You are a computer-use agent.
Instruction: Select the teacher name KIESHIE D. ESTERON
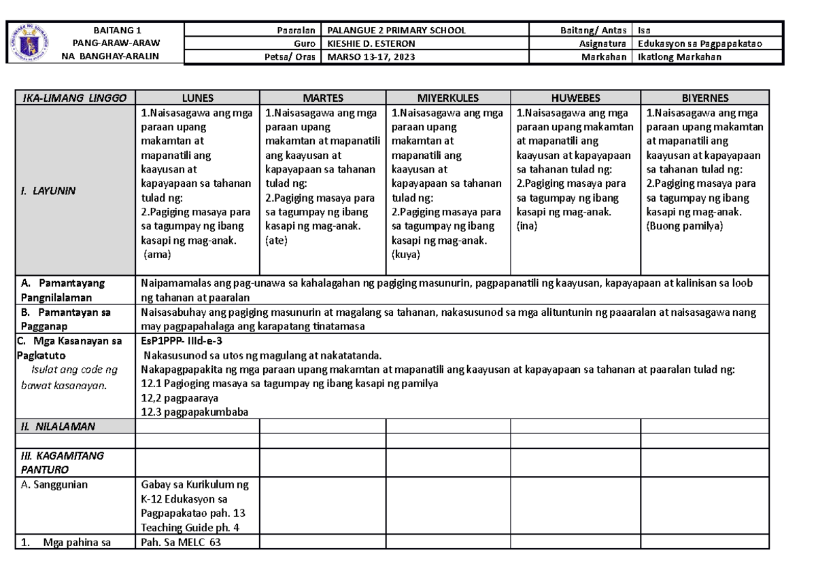pos(371,43)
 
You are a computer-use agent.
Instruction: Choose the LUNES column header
pos(197,98)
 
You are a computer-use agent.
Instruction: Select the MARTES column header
pos(323,98)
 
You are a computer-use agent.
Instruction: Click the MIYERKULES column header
pos(448,98)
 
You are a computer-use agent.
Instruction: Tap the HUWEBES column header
pos(575,98)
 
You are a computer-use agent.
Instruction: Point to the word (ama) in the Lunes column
pos(158,255)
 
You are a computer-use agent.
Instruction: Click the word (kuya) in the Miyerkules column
pos(407,255)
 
